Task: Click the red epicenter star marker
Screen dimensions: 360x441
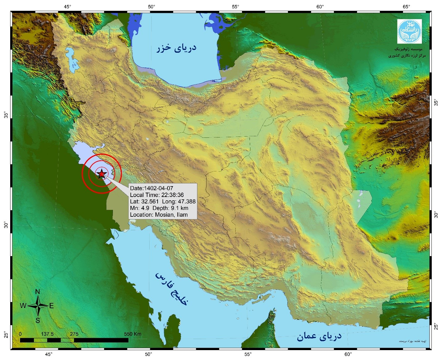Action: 101,174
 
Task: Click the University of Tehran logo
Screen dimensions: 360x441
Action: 409,31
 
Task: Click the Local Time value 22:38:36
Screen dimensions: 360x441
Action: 172,195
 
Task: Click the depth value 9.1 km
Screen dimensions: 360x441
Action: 179,208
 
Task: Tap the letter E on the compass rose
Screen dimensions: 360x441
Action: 52,306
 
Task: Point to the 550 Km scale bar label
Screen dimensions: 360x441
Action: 133,334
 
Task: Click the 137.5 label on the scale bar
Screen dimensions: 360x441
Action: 47,334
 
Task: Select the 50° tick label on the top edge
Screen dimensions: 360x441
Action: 151,6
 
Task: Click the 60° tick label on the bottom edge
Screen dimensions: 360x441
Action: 348,354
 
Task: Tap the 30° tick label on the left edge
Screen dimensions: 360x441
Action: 6,225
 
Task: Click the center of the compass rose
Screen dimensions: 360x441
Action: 38,306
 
